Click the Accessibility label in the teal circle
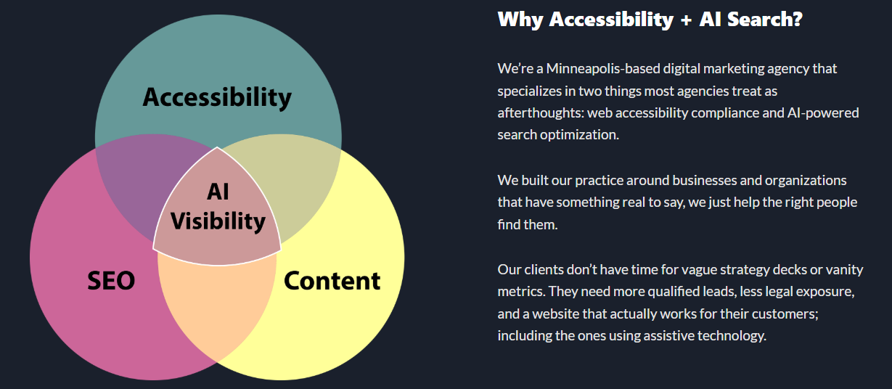[217, 97]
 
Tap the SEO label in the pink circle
[111, 281]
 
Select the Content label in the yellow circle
[332, 281]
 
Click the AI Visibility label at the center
[218, 206]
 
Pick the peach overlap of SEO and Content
[217, 306]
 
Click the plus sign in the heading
[686, 20]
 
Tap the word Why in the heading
[520, 20]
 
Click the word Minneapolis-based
[603, 69]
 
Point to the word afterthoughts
[541, 113]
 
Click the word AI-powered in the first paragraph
[823, 113]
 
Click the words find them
[527, 224]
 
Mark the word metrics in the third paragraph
[521, 292]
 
